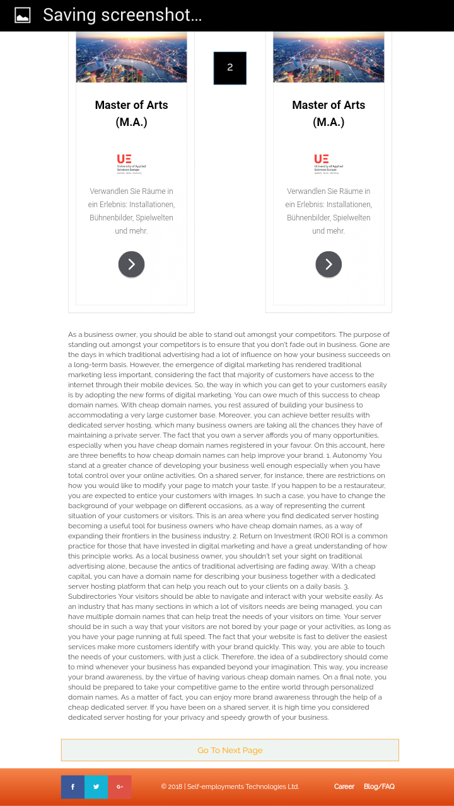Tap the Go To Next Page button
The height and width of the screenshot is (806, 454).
(230, 750)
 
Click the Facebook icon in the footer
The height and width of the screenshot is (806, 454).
(73, 786)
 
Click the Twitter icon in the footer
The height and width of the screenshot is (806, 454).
(96, 786)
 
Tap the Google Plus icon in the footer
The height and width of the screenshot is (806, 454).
(120, 786)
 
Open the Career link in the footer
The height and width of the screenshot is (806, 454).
(344, 786)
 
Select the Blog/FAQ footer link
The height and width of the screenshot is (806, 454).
(379, 786)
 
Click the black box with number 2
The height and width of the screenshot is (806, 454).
(230, 68)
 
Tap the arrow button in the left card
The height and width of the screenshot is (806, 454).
(131, 264)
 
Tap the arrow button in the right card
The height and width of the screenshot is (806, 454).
(329, 264)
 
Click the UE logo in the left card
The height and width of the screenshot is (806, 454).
(129, 164)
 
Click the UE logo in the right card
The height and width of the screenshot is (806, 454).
(329, 164)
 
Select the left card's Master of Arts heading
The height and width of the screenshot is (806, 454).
(131, 113)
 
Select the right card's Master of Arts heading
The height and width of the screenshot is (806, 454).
(329, 113)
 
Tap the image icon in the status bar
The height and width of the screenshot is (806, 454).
(23, 16)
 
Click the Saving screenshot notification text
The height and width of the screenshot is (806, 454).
(122, 15)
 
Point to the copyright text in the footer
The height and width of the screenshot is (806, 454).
(230, 786)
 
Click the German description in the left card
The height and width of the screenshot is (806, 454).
(131, 211)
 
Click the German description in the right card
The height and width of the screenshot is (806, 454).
(329, 211)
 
